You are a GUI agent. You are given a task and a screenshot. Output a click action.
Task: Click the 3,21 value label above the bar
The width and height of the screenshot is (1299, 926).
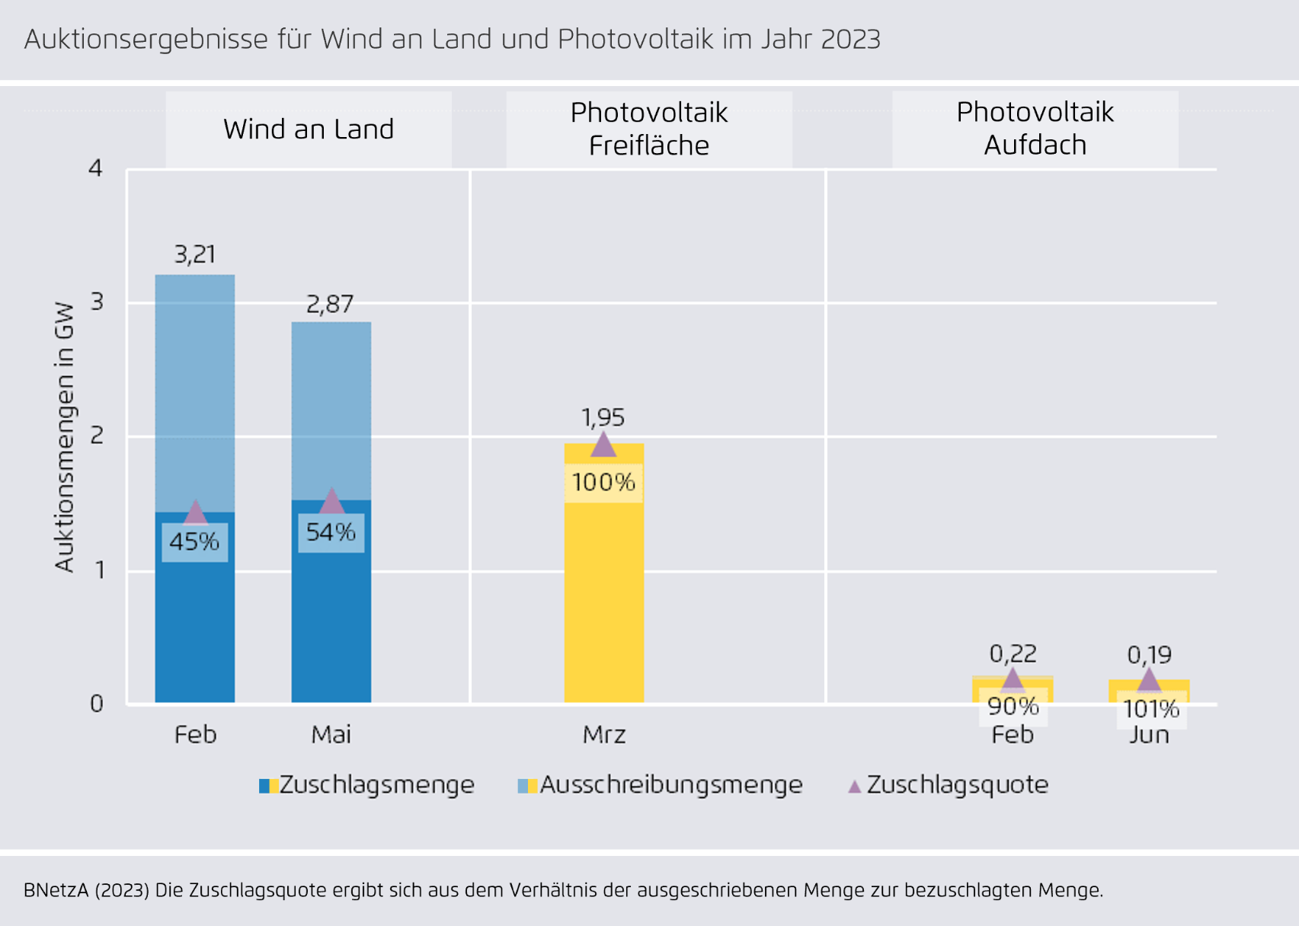pyautogui.click(x=195, y=254)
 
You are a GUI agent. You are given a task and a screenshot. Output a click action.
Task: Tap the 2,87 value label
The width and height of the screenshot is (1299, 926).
pyautogui.click(x=330, y=305)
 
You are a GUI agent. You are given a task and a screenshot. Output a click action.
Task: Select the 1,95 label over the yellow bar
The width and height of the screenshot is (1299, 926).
pyautogui.click(x=603, y=417)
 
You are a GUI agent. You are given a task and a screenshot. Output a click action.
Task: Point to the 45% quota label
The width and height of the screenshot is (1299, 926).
pyautogui.click(x=194, y=542)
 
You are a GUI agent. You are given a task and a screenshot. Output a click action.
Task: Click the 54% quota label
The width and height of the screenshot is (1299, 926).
pyautogui.click(x=331, y=532)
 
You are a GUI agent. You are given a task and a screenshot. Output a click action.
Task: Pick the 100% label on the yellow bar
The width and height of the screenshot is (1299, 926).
pyautogui.click(x=603, y=482)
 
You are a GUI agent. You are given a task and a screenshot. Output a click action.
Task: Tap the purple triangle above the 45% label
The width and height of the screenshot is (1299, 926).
pyautogui.click(x=196, y=512)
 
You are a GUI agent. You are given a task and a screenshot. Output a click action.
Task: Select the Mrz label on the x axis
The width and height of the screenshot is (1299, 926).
pyautogui.click(x=604, y=735)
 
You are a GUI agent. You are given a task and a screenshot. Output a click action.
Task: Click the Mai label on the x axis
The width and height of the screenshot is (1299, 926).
pyautogui.click(x=331, y=735)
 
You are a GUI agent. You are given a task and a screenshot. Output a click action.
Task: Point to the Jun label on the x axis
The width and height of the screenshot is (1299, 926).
pyautogui.click(x=1149, y=735)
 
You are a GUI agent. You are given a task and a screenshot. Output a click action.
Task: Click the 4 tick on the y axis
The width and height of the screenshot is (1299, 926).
pyautogui.click(x=95, y=168)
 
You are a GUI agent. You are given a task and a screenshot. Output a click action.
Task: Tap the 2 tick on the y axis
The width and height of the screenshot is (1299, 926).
pyautogui.click(x=97, y=436)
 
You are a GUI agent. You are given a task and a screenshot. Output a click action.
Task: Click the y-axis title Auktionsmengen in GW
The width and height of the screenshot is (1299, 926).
pyautogui.click(x=65, y=437)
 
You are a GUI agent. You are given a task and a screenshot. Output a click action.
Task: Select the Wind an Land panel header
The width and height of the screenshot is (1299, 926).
pyautogui.click(x=309, y=129)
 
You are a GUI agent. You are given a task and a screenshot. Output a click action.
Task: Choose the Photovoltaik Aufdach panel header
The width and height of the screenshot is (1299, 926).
pyautogui.click(x=1035, y=129)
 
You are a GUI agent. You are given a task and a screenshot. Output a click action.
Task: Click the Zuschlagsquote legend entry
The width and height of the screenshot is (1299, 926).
pyautogui.click(x=949, y=785)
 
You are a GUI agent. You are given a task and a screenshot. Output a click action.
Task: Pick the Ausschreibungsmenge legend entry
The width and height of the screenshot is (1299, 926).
pyautogui.click(x=661, y=785)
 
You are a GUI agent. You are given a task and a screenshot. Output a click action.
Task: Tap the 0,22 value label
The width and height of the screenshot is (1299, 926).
pyautogui.click(x=1013, y=653)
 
